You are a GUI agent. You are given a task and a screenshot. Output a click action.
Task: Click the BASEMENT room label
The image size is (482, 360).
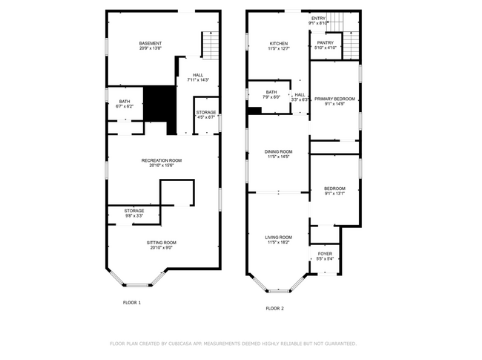[x=151, y=44]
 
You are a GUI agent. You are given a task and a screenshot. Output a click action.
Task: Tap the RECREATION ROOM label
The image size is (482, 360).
[x=162, y=160]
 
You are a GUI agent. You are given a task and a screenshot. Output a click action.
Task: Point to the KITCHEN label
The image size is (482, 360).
[x=278, y=44]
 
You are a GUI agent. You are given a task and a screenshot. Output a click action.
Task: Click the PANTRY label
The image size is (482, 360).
[x=326, y=43]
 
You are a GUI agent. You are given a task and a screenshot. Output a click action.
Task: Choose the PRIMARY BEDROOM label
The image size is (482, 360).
[x=334, y=99]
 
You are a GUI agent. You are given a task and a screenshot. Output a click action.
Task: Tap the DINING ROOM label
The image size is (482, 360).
[x=278, y=152]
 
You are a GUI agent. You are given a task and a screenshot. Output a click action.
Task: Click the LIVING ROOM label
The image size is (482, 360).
[x=278, y=237]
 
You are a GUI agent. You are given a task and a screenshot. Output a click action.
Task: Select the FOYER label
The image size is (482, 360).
[x=325, y=254]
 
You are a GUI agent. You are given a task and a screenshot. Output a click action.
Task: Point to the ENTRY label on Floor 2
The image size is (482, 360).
[x=318, y=19]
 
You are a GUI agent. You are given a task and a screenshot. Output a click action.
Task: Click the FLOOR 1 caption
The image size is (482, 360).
[x=131, y=302]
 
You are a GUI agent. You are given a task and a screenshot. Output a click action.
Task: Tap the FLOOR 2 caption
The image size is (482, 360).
[x=274, y=308]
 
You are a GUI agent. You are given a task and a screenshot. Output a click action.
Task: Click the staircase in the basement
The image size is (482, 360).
[x=211, y=46]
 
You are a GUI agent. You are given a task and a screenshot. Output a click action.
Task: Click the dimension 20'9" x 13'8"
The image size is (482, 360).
[x=151, y=49]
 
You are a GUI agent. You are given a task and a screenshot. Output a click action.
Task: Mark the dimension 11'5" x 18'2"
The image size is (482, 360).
[x=278, y=242]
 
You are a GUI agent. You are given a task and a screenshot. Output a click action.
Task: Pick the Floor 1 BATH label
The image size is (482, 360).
[x=124, y=102]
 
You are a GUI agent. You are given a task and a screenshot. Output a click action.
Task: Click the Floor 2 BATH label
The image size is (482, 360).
[x=272, y=92]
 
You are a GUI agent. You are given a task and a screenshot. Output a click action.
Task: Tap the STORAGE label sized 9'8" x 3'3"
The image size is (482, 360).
[x=134, y=211]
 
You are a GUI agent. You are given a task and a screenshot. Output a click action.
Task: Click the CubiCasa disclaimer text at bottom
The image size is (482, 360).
[x=233, y=344]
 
